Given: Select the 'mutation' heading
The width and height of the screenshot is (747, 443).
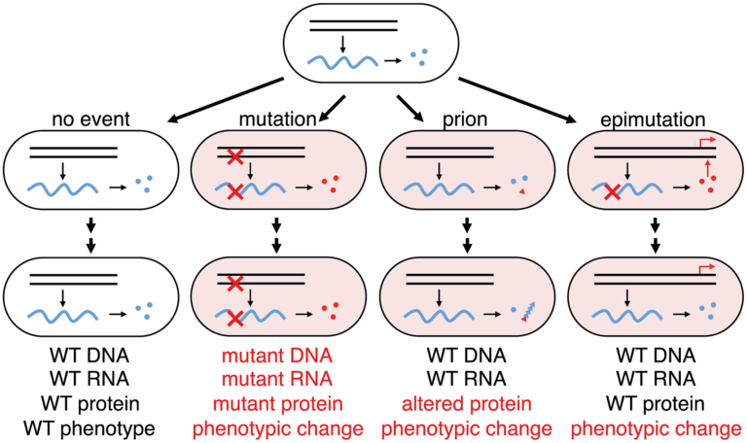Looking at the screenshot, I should coord(276,119).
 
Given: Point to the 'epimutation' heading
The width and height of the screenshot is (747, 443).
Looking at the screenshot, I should coord(654,119).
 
